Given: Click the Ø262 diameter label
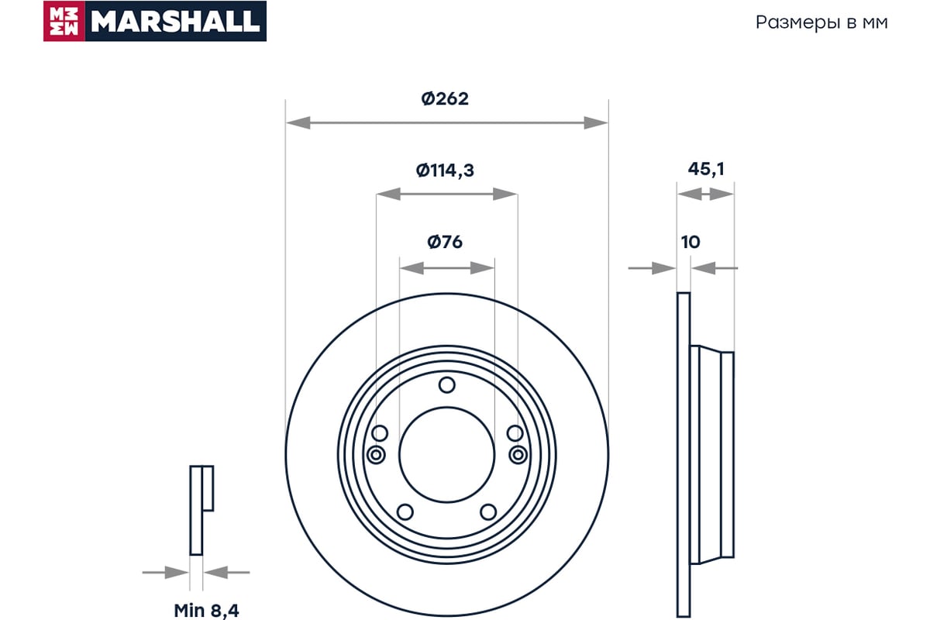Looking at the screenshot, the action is pyautogui.click(x=445, y=99).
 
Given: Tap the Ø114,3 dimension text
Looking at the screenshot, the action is pyautogui.click(x=445, y=170).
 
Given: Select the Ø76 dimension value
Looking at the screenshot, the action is pyautogui.click(x=445, y=242).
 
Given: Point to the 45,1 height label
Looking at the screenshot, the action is pyautogui.click(x=706, y=170).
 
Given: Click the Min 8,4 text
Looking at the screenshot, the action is pyautogui.click(x=206, y=611).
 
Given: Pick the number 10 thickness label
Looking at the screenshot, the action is pyautogui.click(x=691, y=242).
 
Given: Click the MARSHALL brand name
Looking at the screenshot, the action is pyautogui.click(x=175, y=21).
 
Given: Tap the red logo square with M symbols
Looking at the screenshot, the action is pyautogui.click(x=64, y=21).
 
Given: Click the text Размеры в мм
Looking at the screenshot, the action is pyautogui.click(x=821, y=22).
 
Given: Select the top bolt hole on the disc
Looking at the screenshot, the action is pyautogui.click(x=446, y=385).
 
